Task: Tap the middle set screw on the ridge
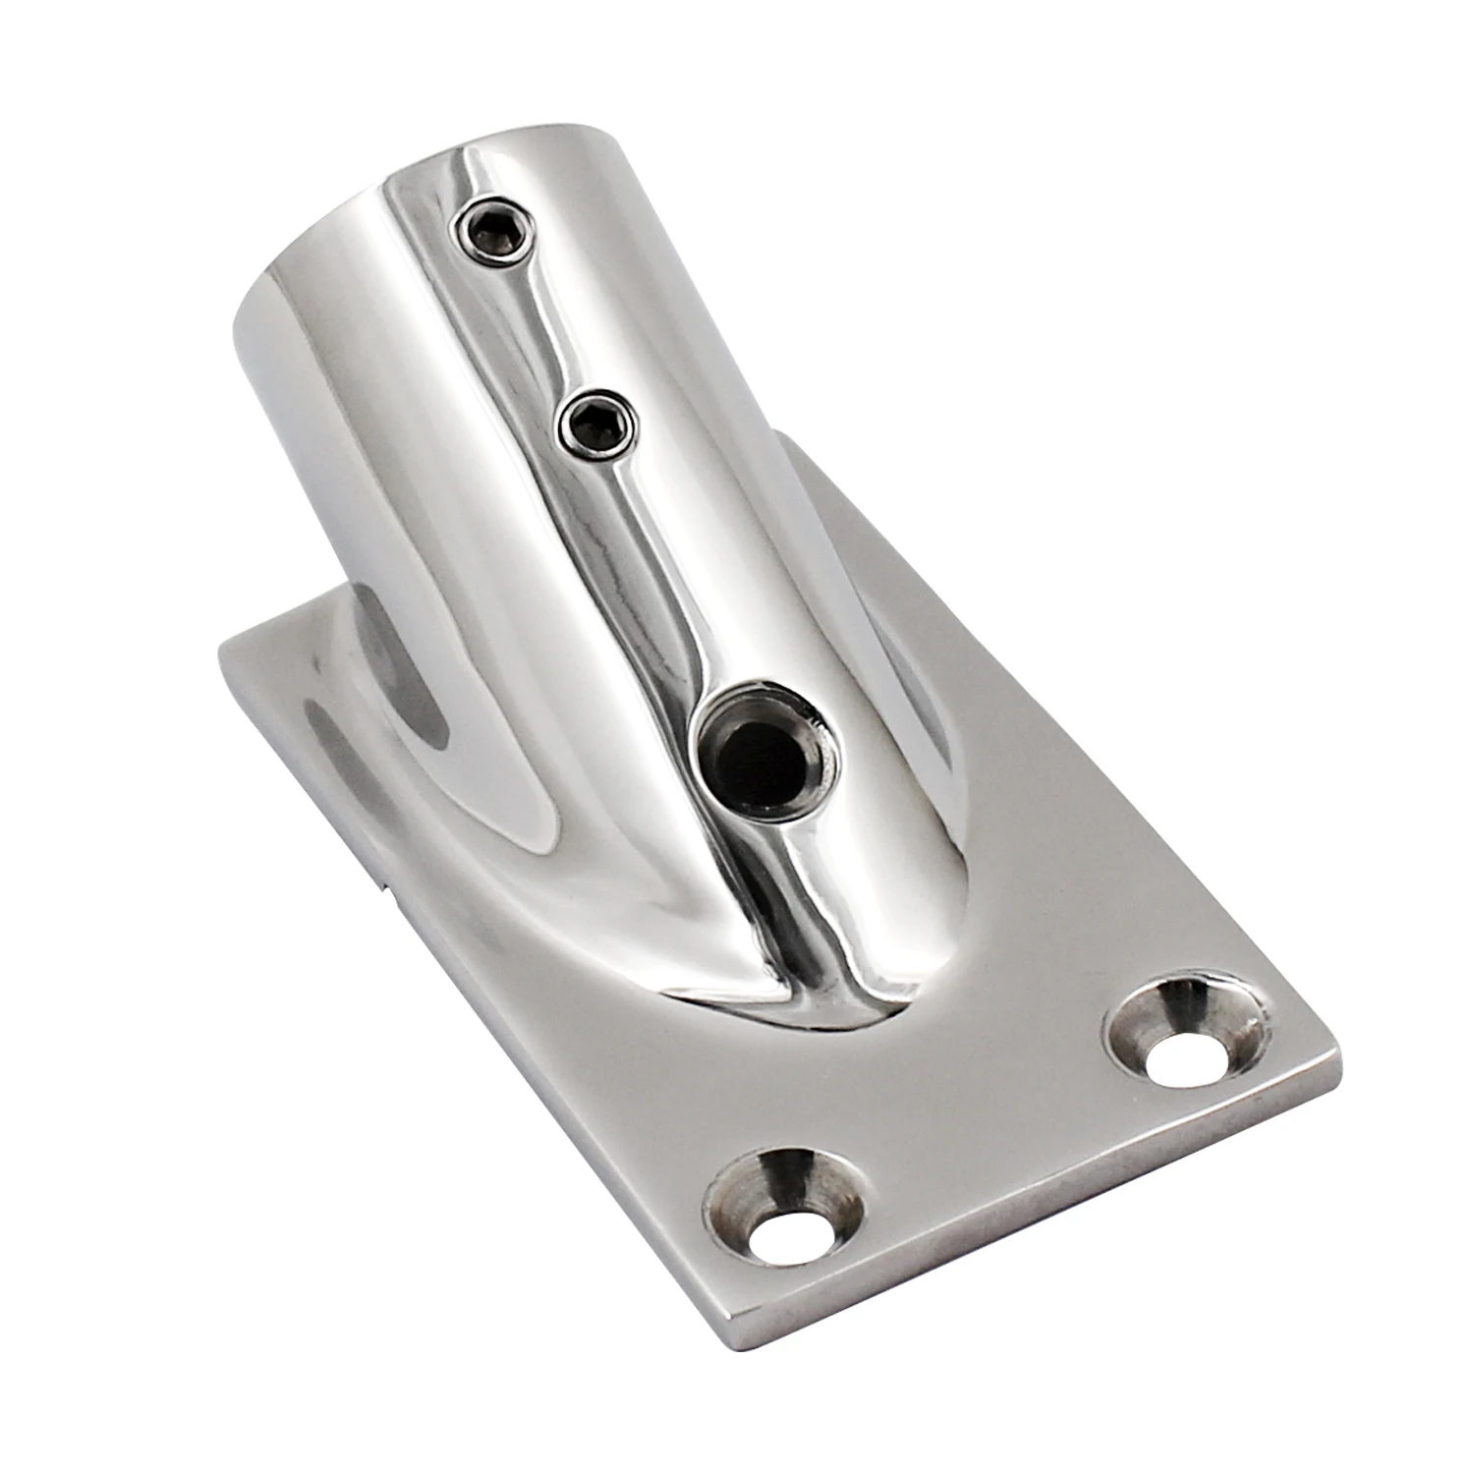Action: [x=596, y=425]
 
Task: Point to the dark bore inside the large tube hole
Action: [x=757, y=757]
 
